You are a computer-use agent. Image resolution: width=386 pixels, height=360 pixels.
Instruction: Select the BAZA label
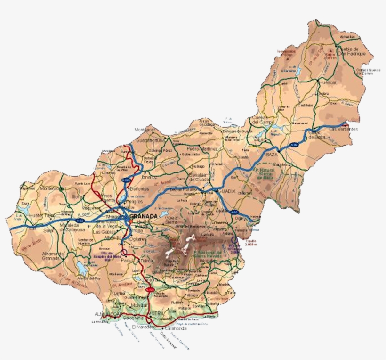click(272, 154)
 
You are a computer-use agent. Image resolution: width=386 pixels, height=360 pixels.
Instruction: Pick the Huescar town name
click(328, 82)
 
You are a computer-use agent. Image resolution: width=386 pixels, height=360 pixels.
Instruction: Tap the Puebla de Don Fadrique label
click(349, 52)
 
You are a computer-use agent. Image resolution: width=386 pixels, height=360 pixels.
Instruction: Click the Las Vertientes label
click(343, 129)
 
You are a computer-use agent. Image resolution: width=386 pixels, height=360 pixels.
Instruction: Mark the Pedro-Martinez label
click(202, 149)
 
